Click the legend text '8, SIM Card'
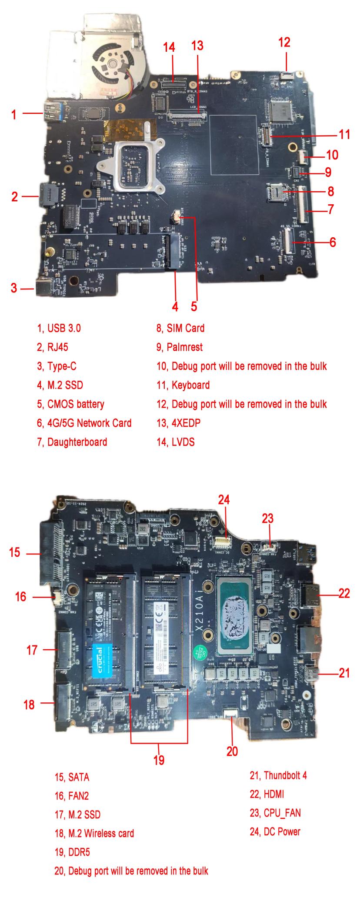tap(180, 328)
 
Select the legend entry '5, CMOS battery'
tap(70, 404)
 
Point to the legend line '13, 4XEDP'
tap(178, 423)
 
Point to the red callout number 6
tap(333, 242)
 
